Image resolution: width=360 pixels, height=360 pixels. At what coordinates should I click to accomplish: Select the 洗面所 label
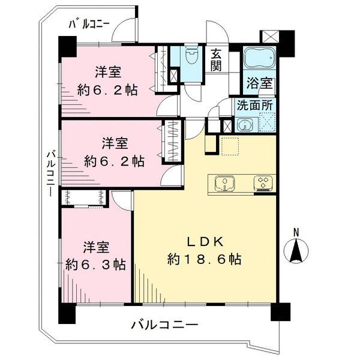(254, 104)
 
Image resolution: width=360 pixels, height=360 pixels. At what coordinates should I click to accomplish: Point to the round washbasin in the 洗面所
(245, 125)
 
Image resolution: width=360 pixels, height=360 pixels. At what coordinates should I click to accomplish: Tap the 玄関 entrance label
(217, 59)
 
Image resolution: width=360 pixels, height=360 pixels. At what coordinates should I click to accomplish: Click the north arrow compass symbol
(295, 248)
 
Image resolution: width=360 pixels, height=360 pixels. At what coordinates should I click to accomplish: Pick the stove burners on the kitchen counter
(263, 183)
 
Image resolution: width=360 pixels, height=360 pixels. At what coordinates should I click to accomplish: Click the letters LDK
(204, 242)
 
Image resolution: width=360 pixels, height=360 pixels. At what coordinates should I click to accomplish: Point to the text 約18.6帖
(204, 260)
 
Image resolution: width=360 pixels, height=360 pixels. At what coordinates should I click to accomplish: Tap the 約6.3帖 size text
(96, 264)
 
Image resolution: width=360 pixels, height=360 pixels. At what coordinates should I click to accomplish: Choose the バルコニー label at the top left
(89, 25)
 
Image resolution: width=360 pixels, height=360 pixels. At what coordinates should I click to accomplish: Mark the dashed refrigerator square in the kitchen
(229, 146)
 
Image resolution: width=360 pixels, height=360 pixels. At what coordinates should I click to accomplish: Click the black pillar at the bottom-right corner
(280, 311)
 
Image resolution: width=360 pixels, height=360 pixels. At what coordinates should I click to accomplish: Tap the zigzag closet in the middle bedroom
(172, 141)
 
